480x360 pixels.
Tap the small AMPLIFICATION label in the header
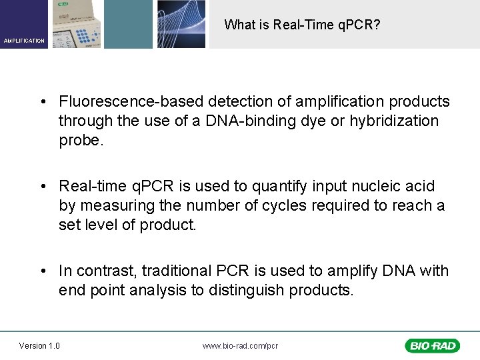point(24,41)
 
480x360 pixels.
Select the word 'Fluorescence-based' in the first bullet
point(131,102)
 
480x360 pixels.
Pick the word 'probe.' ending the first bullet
point(79,141)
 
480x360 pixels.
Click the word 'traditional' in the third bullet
point(179,271)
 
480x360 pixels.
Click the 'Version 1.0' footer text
point(39,345)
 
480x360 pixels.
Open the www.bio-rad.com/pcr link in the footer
point(240,345)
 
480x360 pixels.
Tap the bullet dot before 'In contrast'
point(43,271)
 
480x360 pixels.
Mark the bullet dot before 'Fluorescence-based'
point(43,102)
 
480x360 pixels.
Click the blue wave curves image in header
point(181,24)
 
